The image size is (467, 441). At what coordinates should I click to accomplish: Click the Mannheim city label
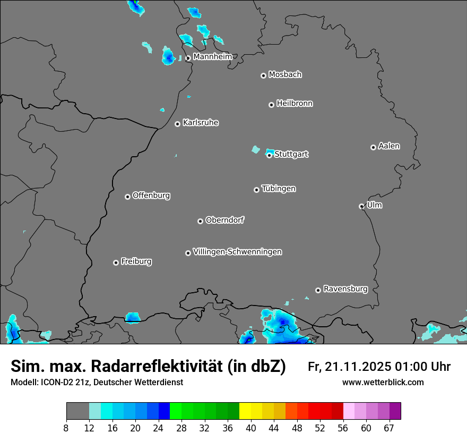pos(212,56)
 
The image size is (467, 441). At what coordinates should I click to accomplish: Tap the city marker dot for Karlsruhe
pos(178,124)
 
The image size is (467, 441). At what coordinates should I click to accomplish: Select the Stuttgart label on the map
pos(291,154)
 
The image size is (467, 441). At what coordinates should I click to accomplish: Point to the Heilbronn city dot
pos(271,105)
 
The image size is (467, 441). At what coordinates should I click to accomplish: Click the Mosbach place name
pos(285,75)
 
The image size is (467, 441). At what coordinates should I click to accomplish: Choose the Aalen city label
pos(389,146)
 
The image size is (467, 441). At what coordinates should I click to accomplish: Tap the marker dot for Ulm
pos(361,206)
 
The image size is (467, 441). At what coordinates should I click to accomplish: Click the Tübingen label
pos(279,189)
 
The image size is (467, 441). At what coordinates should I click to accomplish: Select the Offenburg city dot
pos(127,197)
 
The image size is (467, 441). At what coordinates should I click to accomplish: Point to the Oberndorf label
pos(224,220)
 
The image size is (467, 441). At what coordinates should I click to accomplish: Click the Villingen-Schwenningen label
pos(237,252)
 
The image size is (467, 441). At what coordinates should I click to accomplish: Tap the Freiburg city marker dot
pos(116,262)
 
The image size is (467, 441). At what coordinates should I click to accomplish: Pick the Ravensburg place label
pos(345,289)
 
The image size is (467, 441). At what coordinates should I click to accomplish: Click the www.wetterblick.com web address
pos(383,382)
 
